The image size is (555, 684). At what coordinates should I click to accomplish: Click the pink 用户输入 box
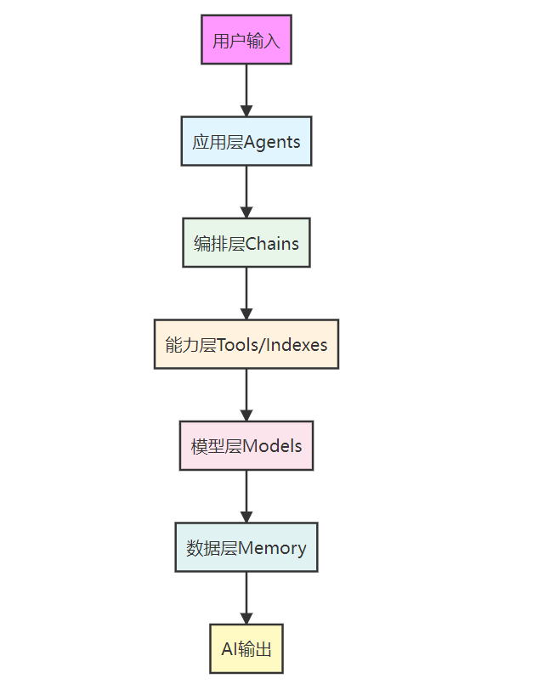pos(246,39)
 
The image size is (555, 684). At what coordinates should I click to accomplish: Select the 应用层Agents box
pos(246,141)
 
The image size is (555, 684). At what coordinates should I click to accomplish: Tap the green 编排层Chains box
pos(246,243)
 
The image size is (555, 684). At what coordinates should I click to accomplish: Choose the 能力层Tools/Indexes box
pos(246,344)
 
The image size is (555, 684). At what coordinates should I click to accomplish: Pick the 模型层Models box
pos(246,445)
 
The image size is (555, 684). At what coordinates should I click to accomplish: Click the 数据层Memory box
pos(246,547)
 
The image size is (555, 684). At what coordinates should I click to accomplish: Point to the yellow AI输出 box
pos(246,649)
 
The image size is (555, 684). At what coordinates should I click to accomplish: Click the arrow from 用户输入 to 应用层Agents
pos(246,89)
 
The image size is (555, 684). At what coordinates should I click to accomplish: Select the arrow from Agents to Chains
pos(246,191)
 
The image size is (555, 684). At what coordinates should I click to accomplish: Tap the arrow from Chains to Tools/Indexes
pos(246,293)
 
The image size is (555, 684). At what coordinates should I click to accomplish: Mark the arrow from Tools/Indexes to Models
pos(246,394)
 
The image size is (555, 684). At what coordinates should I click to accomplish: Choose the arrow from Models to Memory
pos(246,496)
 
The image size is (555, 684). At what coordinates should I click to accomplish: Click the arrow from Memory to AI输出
pos(246,598)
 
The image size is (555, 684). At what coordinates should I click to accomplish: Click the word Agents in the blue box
pos(272,142)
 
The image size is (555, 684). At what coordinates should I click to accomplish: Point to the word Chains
pos(272,244)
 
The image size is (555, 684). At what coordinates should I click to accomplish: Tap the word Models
pos(272,446)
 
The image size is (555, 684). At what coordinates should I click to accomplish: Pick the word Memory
pos(272,548)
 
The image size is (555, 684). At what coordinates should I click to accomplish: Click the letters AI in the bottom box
pos(228,650)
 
